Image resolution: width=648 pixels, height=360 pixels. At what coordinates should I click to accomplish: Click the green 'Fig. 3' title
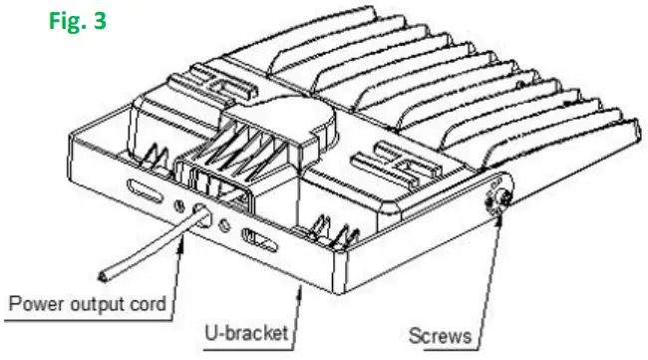coord(76,21)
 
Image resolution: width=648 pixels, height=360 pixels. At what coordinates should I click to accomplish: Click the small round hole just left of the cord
coord(181,203)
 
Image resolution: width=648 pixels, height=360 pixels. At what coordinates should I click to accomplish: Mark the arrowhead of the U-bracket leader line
coord(300,286)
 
